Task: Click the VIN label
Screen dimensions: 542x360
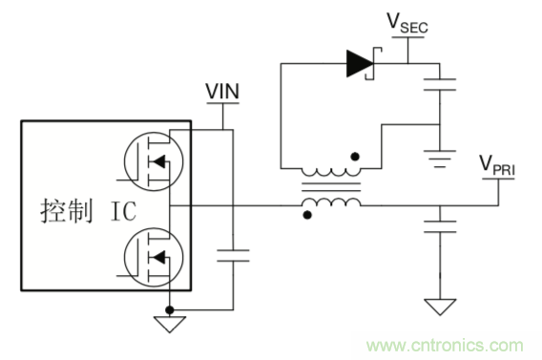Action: click(x=222, y=92)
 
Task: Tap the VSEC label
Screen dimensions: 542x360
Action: click(x=407, y=23)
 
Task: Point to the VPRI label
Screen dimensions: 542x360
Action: click(x=497, y=165)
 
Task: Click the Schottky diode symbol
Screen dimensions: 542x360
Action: click(x=364, y=64)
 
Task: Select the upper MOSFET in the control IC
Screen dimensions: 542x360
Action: click(x=154, y=161)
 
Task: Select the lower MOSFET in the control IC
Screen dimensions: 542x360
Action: click(x=154, y=257)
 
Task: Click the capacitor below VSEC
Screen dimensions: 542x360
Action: click(x=440, y=85)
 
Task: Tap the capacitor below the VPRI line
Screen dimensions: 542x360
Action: click(x=440, y=226)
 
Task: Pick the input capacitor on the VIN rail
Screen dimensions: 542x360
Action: click(x=233, y=256)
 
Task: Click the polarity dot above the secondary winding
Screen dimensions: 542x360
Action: click(x=355, y=157)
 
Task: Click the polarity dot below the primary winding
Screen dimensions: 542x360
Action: click(x=307, y=215)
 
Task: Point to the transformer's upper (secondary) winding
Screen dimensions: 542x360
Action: click(x=331, y=172)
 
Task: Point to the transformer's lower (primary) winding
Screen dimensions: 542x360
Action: click(x=331, y=202)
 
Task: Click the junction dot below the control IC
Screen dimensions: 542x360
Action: click(x=170, y=309)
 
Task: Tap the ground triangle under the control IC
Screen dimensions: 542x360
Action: click(x=170, y=325)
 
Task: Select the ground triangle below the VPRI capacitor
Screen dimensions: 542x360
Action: click(x=440, y=307)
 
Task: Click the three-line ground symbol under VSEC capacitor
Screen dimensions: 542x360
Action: click(x=440, y=159)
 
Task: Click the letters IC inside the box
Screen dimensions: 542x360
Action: click(x=123, y=211)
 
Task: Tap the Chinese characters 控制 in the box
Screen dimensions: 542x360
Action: click(x=67, y=211)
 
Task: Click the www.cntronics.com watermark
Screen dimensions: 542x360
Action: click(x=446, y=346)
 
